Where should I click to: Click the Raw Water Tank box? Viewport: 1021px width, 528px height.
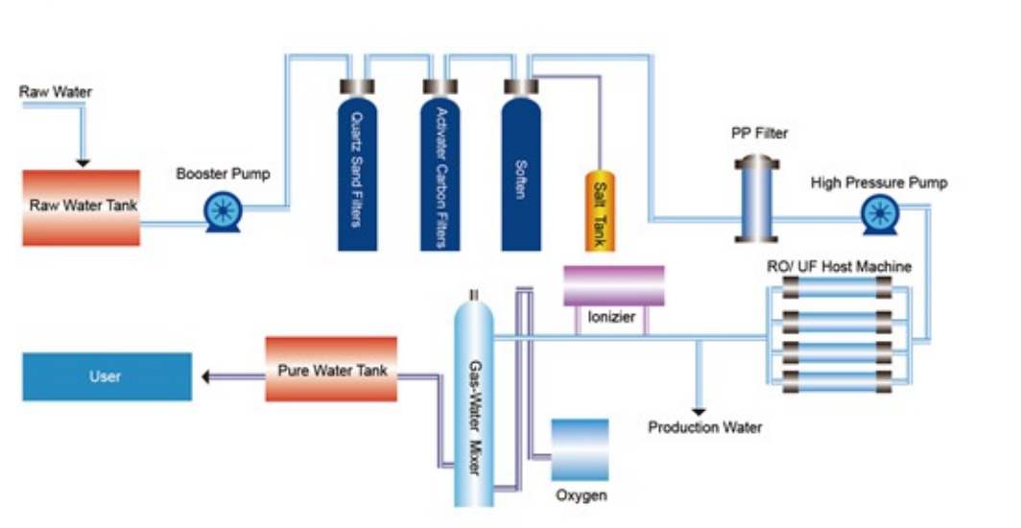tap(82, 207)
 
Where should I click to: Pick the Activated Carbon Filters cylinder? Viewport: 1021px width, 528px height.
tap(439, 168)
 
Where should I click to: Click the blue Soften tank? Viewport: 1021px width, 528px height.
tap(520, 168)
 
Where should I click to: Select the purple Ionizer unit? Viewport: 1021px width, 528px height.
tap(613, 286)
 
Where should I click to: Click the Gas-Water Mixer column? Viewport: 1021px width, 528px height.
tap(474, 403)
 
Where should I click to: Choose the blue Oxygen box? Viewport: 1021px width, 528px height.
tap(580, 449)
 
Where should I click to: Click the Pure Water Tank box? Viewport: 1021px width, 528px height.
tap(331, 369)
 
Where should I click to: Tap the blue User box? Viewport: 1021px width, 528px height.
tap(107, 376)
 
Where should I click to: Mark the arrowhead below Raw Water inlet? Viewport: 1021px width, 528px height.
tap(83, 161)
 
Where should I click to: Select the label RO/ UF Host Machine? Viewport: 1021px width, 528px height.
tap(839, 266)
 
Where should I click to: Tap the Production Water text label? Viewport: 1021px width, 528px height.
tap(705, 427)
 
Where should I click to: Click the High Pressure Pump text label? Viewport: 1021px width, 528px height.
tap(879, 182)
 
